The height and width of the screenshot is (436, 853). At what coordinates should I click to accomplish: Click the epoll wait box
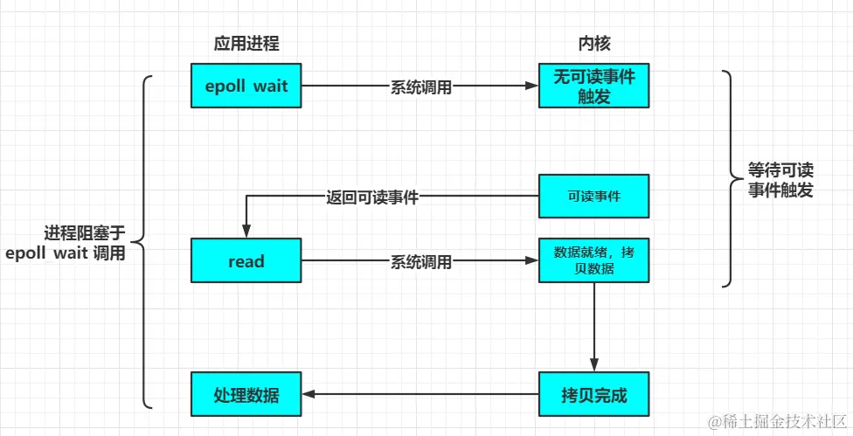[x=246, y=87]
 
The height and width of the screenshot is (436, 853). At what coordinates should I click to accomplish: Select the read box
[x=246, y=260]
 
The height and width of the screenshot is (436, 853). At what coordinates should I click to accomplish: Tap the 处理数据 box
[x=246, y=394]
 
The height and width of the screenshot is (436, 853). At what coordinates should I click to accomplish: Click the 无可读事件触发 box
[x=593, y=87]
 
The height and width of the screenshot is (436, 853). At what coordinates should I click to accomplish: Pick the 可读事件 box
[x=593, y=196]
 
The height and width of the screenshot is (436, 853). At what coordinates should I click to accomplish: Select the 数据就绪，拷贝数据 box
[x=593, y=260]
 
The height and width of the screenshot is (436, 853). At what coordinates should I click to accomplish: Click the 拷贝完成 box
[x=593, y=394]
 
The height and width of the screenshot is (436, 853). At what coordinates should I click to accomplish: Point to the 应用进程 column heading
[x=246, y=44]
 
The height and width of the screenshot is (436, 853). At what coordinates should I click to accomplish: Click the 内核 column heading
[x=593, y=44]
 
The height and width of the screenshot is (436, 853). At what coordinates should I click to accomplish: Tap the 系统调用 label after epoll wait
[x=420, y=87]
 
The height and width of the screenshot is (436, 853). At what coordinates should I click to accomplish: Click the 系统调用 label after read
[x=420, y=261]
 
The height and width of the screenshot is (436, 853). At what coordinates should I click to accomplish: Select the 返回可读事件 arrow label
[x=372, y=197]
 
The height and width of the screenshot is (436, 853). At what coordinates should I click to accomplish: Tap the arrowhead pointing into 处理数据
[x=308, y=394]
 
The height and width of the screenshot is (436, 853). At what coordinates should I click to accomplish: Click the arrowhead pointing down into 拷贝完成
[x=594, y=367]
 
